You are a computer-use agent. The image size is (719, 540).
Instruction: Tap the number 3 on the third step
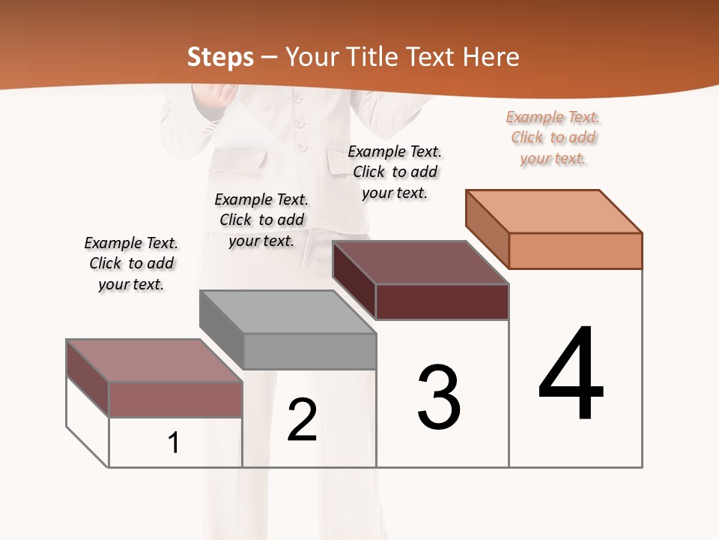tap(439, 397)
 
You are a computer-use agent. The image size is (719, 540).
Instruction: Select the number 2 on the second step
tap(302, 420)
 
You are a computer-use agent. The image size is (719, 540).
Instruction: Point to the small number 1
tap(174, 442)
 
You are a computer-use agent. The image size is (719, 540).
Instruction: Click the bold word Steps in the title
tap(220, 57)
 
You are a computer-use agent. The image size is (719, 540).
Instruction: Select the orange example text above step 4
tap(553, 137)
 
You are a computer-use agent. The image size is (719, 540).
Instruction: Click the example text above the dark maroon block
tap(395, 172)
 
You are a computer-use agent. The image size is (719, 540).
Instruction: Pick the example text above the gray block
tap(261, 220)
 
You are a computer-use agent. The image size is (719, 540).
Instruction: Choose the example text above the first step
tap(131, 263)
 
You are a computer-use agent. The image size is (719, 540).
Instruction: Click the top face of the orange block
tap(554, 211)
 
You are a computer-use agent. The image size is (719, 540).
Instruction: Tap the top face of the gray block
tap(288, 311)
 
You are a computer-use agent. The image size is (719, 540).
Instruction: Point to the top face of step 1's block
tap(154, 360)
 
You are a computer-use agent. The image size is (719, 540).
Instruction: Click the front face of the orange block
tap(575, 250)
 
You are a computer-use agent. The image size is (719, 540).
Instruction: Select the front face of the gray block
tap(309, 351)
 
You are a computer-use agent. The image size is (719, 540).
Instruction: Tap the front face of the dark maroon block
tap(442, 301)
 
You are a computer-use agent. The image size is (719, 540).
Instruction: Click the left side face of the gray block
tap(222, 330)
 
